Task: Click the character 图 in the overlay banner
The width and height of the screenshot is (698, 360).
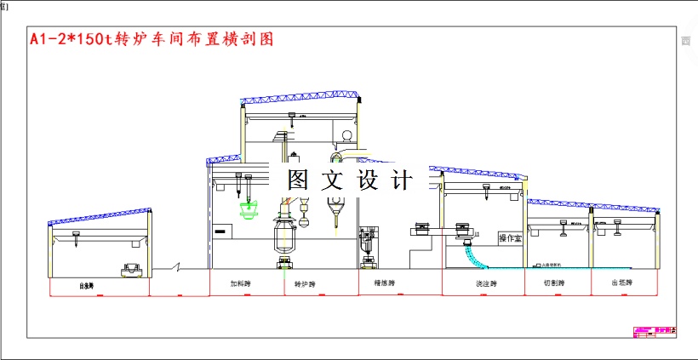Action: (x=299, y=180)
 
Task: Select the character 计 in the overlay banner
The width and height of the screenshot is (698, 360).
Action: (x=401, y=180)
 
